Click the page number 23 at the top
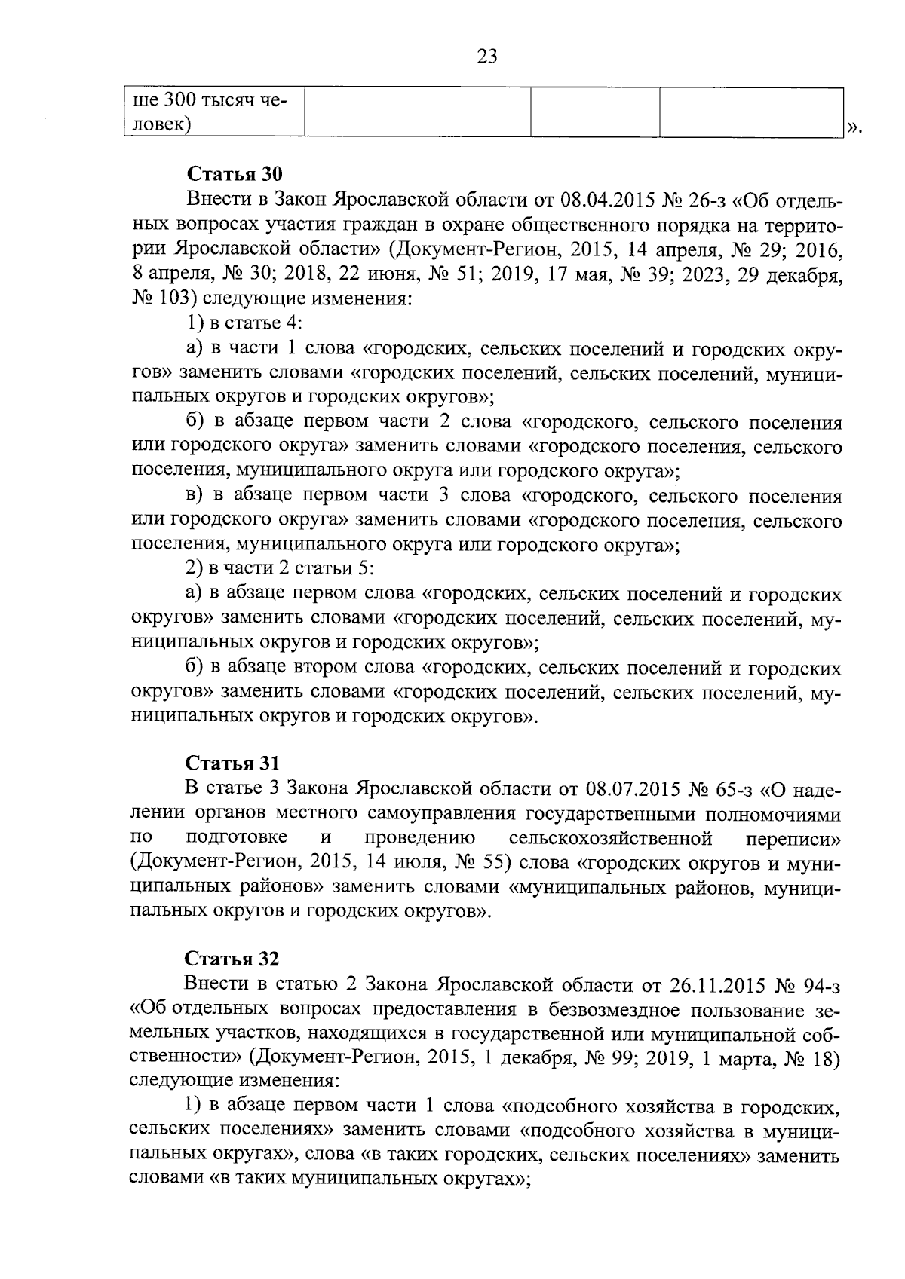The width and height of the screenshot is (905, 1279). point(487,56)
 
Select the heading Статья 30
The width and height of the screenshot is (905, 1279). point(234,174)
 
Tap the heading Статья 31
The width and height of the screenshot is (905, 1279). point(232,763)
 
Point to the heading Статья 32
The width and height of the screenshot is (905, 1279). point(232,959)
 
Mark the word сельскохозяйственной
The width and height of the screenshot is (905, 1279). point(611,838)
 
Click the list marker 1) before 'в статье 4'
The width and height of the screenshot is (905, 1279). point(195,323)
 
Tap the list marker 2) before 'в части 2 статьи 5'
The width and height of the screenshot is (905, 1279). point(195,569)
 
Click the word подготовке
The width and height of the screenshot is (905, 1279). point(236,838)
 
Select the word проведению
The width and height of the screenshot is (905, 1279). point(419,838)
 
